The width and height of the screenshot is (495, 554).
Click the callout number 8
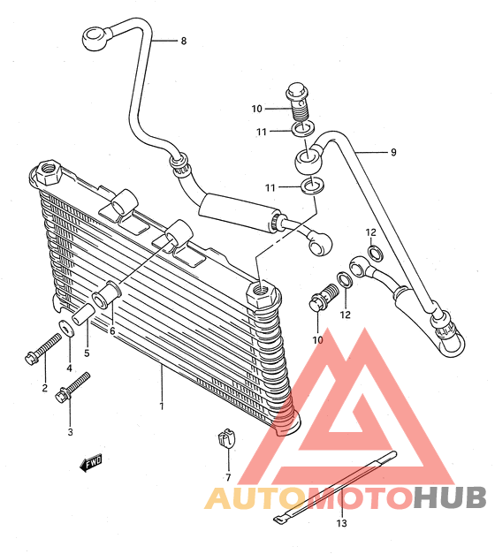[184, 41]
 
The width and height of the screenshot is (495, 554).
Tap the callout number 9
[393, 152]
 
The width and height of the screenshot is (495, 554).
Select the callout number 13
[341, 523]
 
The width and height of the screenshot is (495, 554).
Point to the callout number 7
[228, 477]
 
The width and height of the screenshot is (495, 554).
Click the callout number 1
[162, 406]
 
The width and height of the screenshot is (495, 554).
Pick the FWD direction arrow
[91, 463]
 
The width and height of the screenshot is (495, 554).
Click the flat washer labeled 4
[66, 328]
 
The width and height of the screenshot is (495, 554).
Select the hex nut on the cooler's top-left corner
[49, 172]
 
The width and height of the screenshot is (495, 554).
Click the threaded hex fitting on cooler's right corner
[262, 294]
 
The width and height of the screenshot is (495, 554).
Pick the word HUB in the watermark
[450, 497]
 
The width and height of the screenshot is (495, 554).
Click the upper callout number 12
[370, 232]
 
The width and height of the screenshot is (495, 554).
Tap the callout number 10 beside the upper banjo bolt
[256, 109]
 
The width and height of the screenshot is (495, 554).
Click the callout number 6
[112, 331]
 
